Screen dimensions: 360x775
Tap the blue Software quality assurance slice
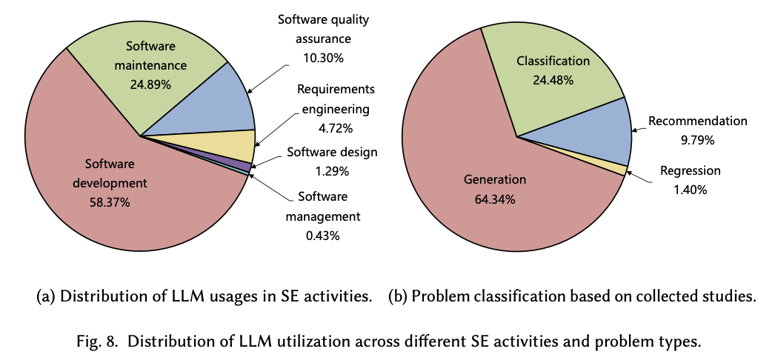pos(222,104)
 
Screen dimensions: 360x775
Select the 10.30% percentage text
pos(325,56)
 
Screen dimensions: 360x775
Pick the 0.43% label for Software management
pos(319,236)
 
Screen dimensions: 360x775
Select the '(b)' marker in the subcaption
pos(398,297)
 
